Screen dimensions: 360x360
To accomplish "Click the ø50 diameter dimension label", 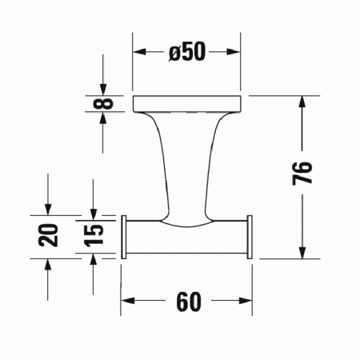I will click(x=187, y=52).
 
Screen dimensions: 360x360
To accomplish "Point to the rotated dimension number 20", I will click(x=50, y=236).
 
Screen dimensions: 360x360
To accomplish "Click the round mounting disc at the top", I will click(x=187, y=102).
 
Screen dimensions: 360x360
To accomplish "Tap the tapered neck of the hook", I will click(x=187, y=160).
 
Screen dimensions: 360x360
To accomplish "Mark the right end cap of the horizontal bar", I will click(x=250, y=236).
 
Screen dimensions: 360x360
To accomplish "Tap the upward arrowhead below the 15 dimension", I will click(x=94, y=262).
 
